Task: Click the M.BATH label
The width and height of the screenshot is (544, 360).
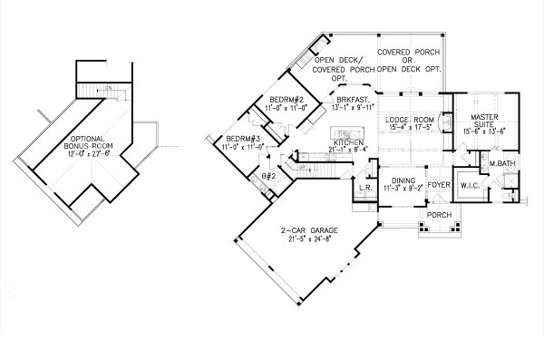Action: coord(503,164)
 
